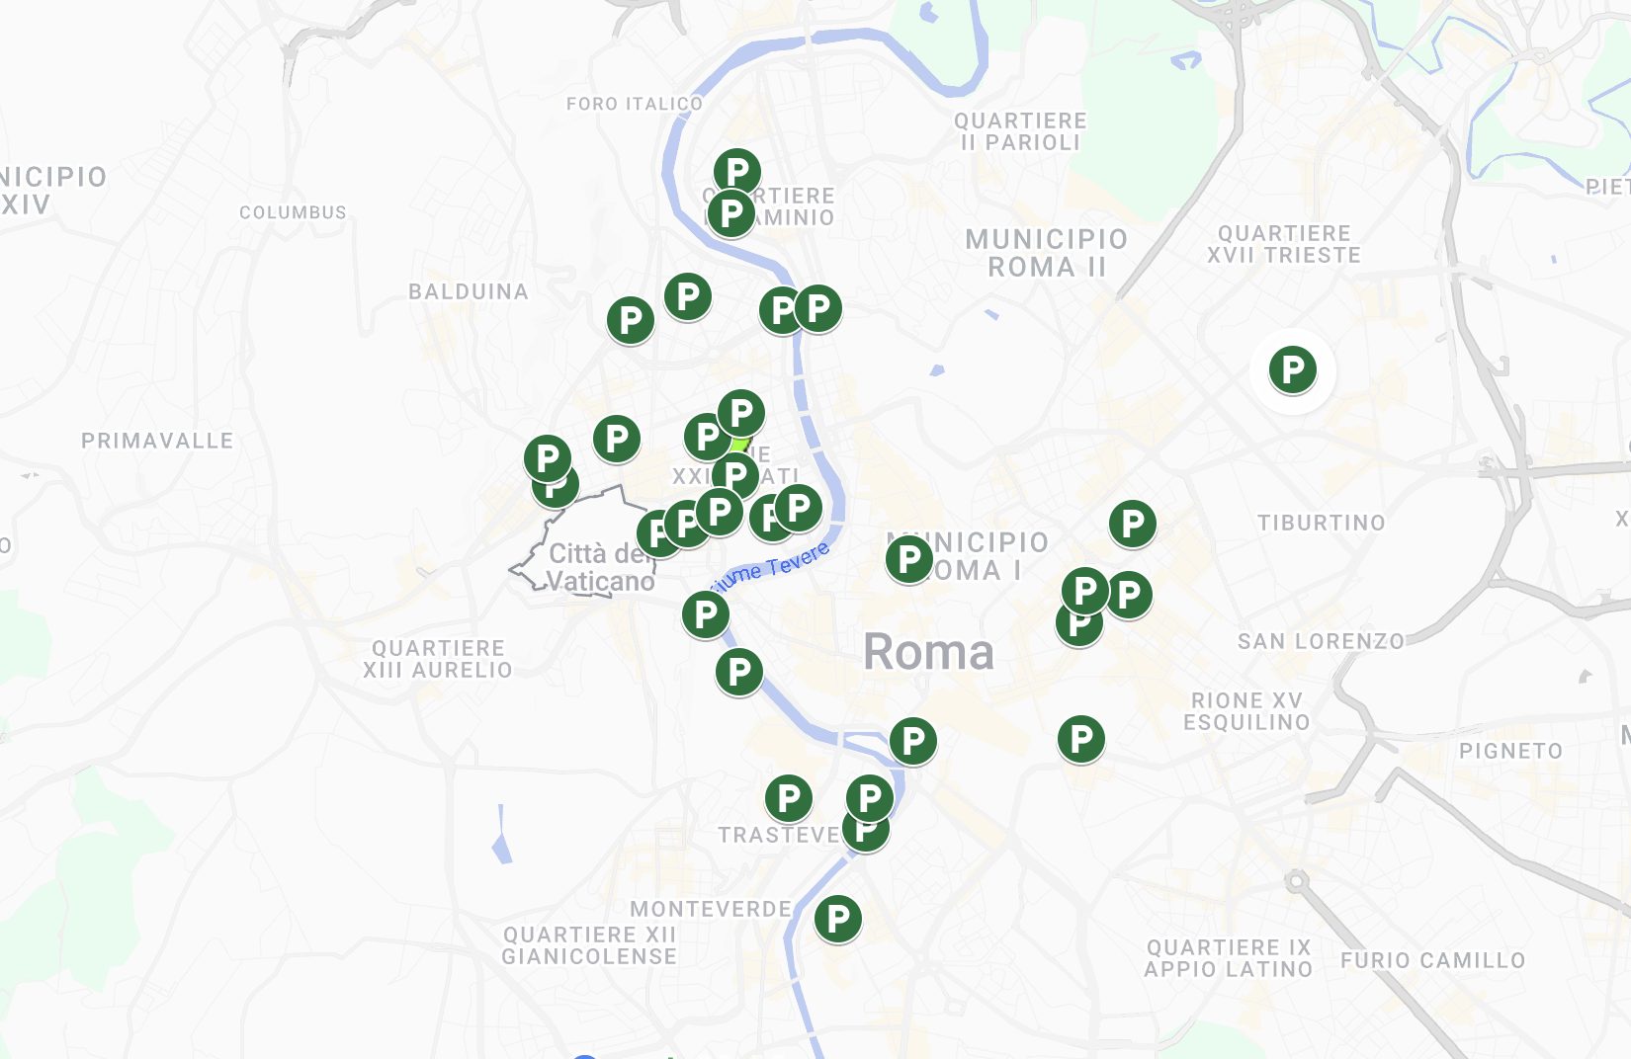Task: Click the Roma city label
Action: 928,652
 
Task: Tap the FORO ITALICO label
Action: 635,104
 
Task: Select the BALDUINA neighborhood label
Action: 469,291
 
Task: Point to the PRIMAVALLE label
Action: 157,441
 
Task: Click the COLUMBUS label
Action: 293,212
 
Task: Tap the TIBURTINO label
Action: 1321,523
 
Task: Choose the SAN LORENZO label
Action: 1321,641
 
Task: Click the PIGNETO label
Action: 1510,751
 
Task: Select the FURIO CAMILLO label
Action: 1432,960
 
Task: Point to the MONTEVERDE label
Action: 711,909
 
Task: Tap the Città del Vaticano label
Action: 600,567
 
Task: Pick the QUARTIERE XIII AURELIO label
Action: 437,659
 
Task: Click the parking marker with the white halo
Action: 1292,370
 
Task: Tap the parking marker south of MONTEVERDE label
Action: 837,919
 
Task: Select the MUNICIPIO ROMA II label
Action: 1046,253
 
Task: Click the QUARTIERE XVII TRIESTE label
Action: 1283,244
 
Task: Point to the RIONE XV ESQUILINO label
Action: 1246,711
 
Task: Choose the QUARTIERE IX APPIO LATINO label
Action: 1228,958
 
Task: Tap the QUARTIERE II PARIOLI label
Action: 1020,131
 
